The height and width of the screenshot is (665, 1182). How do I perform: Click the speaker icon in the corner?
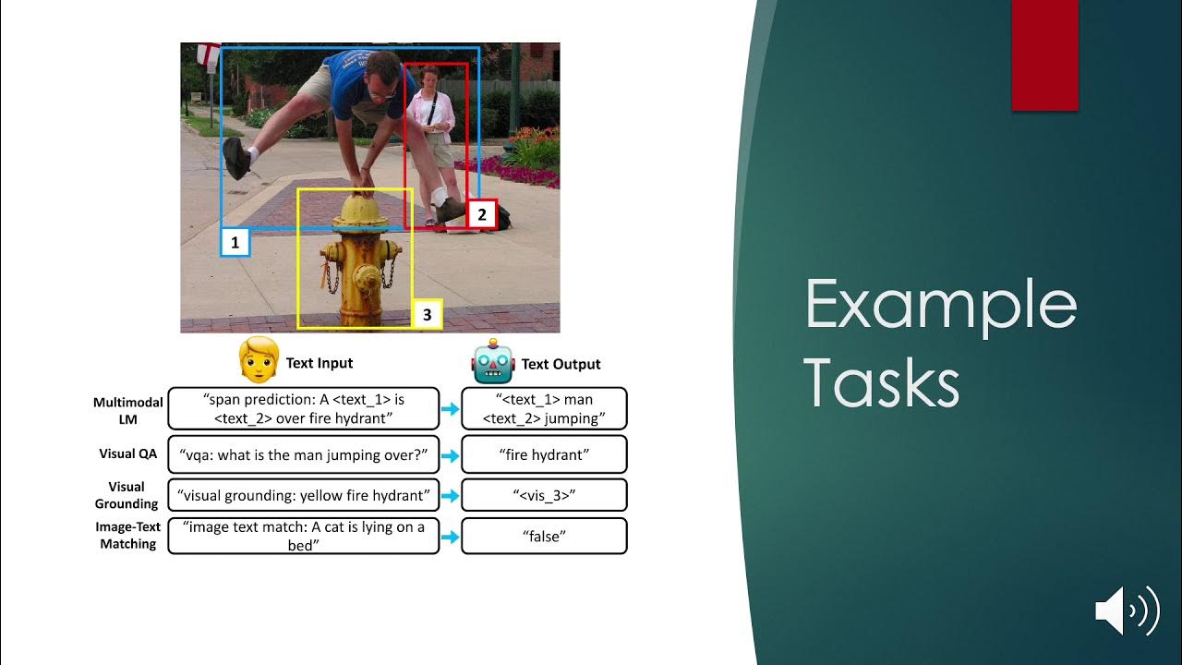[1127, 610]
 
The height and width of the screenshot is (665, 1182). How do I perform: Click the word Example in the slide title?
[941, 305]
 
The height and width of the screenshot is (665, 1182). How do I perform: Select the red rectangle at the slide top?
[1044, 55]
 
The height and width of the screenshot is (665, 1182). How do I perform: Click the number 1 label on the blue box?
[235, 243]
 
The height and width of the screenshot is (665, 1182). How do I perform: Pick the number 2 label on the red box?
[481, 215]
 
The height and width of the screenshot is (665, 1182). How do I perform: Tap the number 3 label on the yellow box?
[427, 315]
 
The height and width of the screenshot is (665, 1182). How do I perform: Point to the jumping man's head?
[380, 74]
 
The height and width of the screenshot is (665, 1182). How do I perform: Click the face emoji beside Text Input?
[259, 361]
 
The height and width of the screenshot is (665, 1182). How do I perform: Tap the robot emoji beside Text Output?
[493, 363]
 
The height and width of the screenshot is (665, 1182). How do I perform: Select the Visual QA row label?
[128, 453]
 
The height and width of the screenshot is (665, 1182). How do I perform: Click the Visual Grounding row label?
[127, 495]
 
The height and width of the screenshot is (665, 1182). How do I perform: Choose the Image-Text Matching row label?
[127, 536]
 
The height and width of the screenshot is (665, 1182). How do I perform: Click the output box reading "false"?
[544, 536]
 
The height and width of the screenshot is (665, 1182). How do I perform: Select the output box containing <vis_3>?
[544, 495]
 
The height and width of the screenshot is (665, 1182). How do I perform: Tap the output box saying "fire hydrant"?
[544, 454]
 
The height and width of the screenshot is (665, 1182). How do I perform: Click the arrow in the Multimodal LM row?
[450, 409]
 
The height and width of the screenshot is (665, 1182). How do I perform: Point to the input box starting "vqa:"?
[303, 454]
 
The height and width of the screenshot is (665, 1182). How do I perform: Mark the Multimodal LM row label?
[127, 410]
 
